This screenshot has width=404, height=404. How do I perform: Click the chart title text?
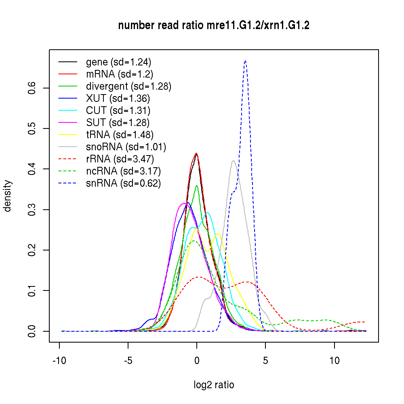pos(214,26)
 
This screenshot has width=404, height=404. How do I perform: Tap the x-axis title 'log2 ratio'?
pos(214,385)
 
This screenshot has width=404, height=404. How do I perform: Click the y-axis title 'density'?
pos(8,196)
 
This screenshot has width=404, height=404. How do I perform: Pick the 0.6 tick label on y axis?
pos(32,88)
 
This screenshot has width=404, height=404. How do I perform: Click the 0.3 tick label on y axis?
pos(32,210)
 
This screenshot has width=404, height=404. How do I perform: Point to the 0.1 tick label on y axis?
pos(32,290)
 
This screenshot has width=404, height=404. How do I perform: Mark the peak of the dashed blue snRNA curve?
pos(245,61)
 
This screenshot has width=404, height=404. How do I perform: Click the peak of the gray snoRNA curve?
pos(234,161)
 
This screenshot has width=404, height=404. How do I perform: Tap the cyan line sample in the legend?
pos(68,111)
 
